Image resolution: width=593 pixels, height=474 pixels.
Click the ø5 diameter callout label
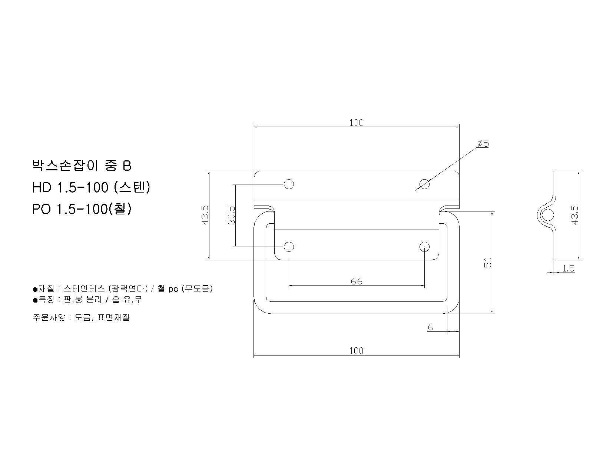(x=483, y=143)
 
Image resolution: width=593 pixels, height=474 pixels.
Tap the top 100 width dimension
(x=356, y=123)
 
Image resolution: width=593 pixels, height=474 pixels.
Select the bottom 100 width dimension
(x=356, y=351)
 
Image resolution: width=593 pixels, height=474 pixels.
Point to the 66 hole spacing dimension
(x=356, y=281)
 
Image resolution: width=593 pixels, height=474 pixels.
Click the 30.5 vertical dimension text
(x=232, y=216)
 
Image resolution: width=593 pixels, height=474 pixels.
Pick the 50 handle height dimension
(x=487, y=262)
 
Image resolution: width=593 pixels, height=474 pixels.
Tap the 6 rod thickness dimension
(x=430, y=327)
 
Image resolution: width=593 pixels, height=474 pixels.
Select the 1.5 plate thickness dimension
(x=568, y=268)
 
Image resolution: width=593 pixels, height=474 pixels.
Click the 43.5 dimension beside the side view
(x=574, y=216)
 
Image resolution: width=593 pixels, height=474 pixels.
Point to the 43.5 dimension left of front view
(x=205, y=216)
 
